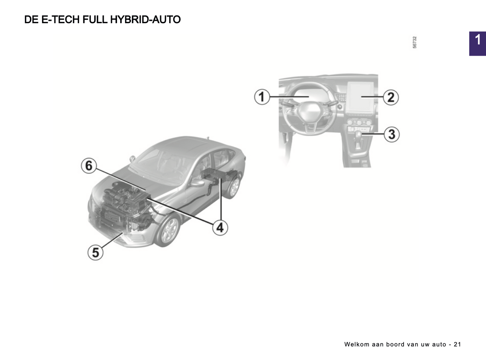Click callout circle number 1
click(x=262, y=97)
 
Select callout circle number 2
click(x=391, y=97)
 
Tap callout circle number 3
click(x=392, y=134)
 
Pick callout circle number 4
click(x=220, y=227)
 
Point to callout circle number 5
click(x=95, y=252)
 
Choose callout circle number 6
click(x=89, y=166)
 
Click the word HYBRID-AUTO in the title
click(x=145, y=20)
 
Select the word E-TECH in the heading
click(x=61, y=20)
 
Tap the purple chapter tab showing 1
click(x=478, y=44)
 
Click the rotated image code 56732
click(x=414, y=42)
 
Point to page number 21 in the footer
click(x=457, y=345)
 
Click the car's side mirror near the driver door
click(x=197, y=183)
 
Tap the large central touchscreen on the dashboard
click(x=361, y=97)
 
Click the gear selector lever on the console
click(x=359, y=140)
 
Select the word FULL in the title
click(x=95, y=20)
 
